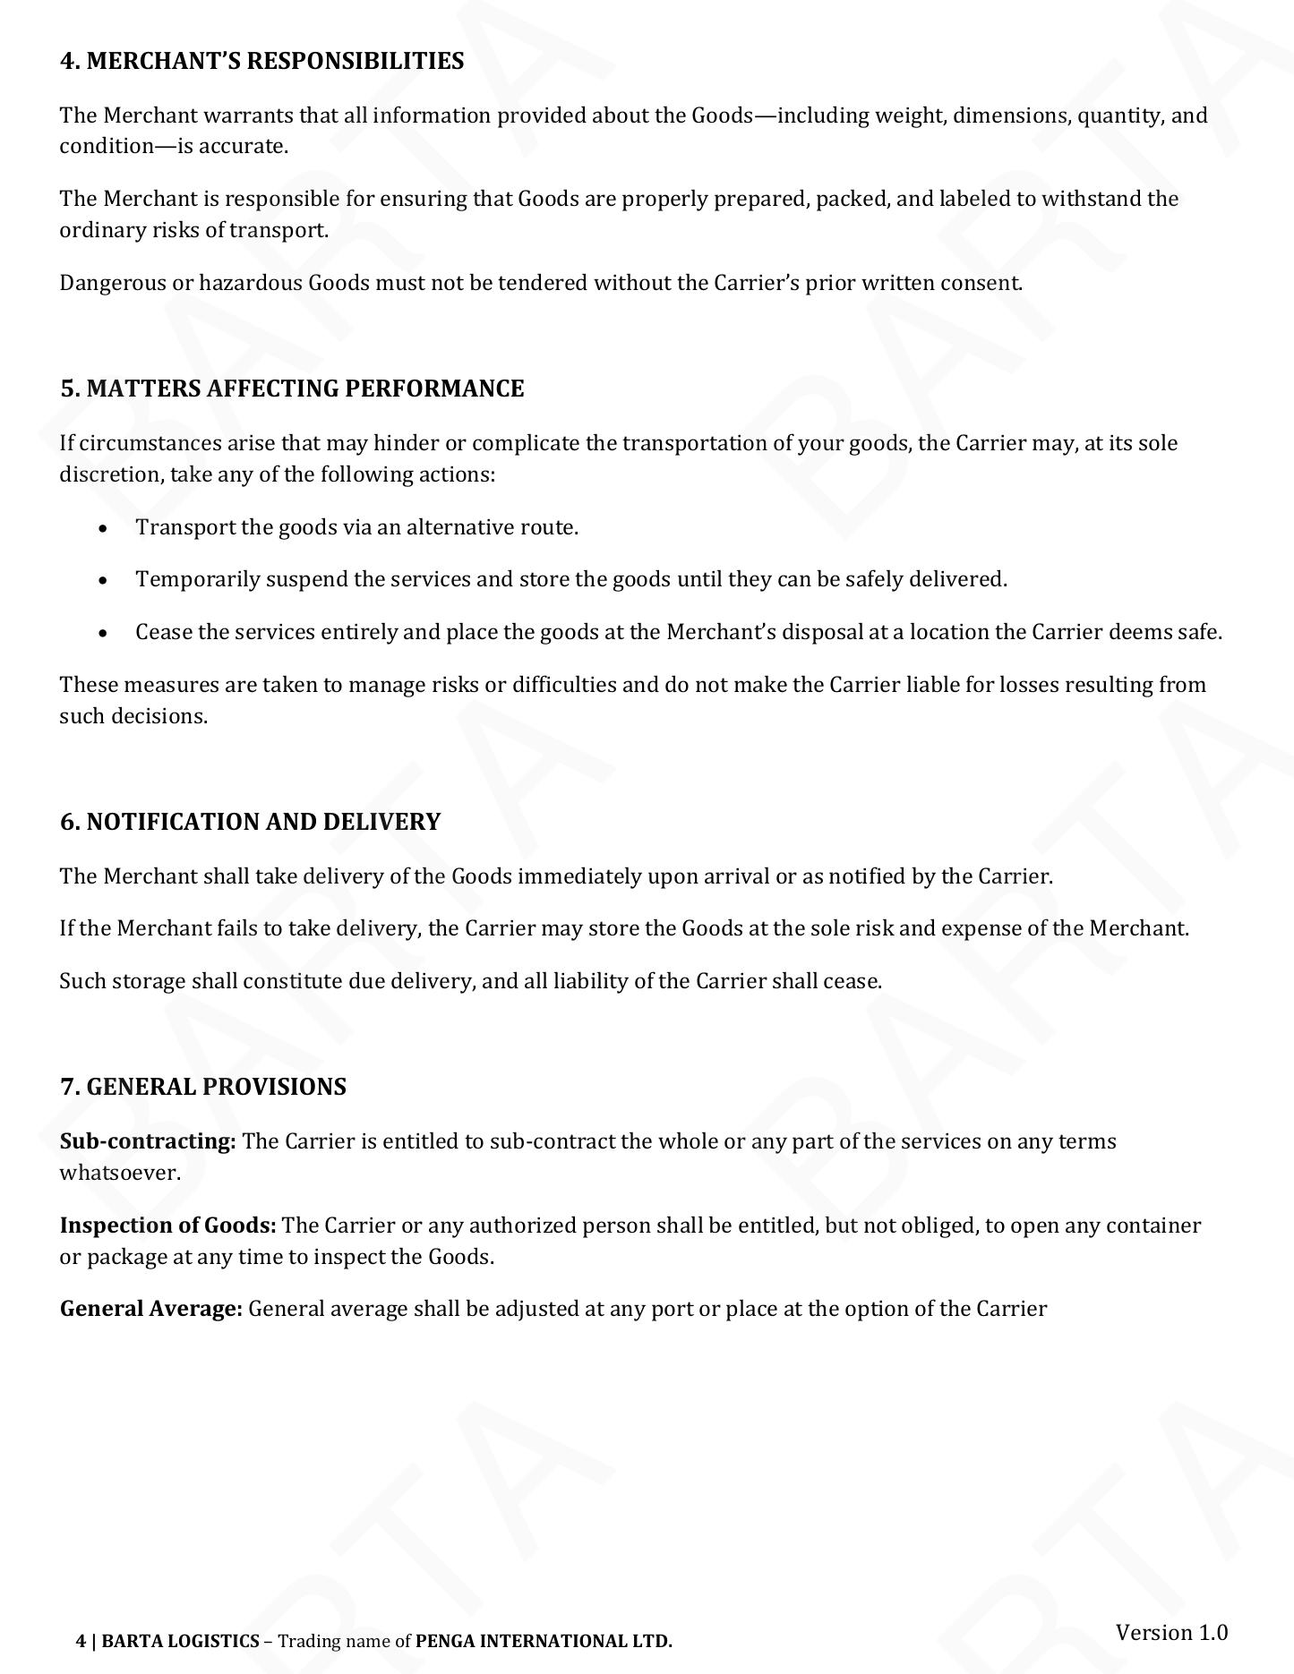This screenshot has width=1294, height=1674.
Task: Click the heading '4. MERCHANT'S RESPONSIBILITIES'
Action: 261,61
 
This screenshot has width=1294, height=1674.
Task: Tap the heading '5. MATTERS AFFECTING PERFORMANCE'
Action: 292,389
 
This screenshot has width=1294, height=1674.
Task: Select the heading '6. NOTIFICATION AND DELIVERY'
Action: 250,822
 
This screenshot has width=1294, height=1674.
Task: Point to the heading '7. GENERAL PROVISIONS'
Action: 203,1087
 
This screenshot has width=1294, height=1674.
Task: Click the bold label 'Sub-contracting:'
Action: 148,1141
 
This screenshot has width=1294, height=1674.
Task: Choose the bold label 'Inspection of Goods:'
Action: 168,1226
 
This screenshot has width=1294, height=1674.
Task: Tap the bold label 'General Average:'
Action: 151,1309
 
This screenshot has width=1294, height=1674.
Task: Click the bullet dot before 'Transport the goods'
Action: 106,528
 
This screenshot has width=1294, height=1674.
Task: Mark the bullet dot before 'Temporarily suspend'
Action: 106,580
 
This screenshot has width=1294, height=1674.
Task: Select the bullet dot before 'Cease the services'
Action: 106,633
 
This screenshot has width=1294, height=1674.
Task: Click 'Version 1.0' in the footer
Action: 1171,1632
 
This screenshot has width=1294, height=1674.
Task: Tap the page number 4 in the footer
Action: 81,1641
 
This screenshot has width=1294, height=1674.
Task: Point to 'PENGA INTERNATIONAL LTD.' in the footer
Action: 544,1641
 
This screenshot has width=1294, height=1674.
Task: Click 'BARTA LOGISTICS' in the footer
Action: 181,1641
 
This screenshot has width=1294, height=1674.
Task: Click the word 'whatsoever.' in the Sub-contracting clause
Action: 120,1173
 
